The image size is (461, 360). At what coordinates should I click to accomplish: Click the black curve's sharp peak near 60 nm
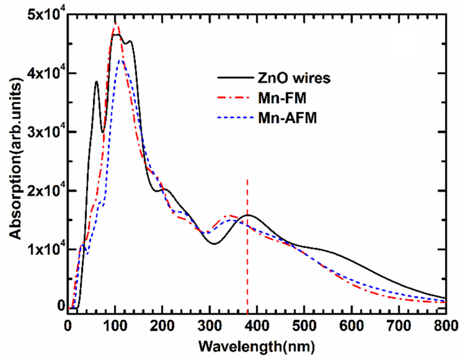pos(96,82)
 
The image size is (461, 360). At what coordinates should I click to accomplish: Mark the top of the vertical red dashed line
pos(247,180)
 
